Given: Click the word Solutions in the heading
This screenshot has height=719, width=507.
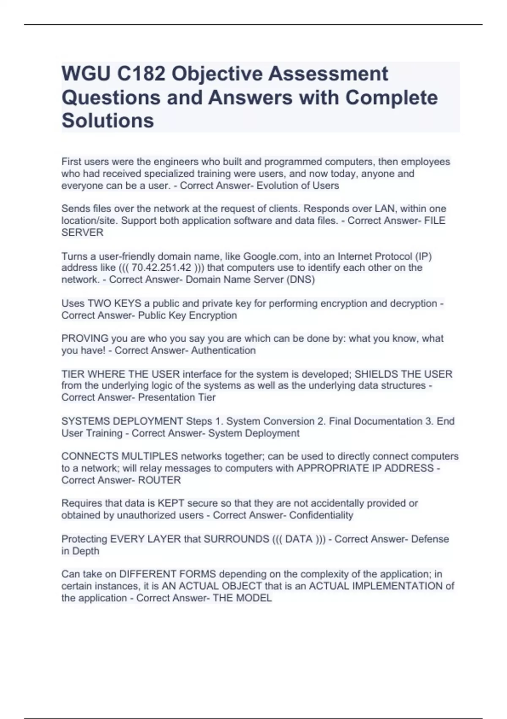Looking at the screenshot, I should (108, 121).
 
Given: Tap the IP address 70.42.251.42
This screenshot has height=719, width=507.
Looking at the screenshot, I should (161, 268).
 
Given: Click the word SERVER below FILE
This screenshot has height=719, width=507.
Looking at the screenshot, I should (82, 232).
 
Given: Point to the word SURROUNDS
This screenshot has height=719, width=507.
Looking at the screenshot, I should (236, 539).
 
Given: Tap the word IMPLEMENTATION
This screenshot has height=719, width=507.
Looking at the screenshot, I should (398, 586).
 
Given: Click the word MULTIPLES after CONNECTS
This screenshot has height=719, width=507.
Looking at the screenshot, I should (150, 456).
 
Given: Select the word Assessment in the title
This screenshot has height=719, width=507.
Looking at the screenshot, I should (327, 74).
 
